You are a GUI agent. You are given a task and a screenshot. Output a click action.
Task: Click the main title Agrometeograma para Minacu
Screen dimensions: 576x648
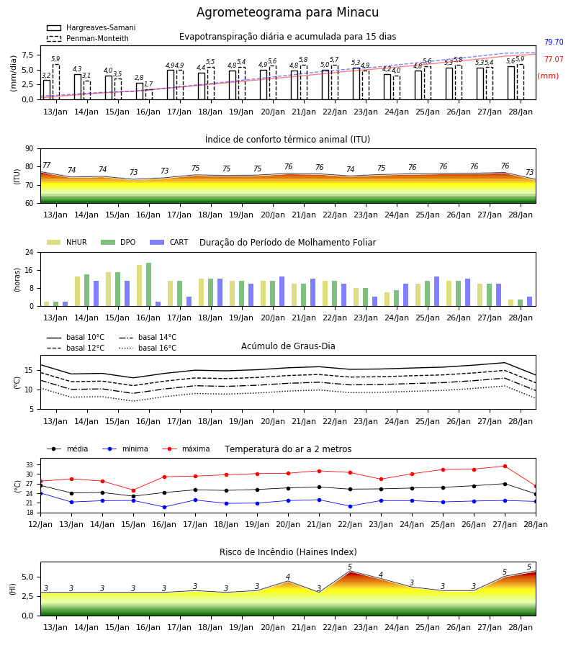(x=287, y=12)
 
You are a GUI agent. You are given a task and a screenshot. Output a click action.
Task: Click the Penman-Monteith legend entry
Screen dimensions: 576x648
(x=88, y=38)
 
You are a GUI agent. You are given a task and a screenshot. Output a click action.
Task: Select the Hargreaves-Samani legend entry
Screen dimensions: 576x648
(x=91, y=27)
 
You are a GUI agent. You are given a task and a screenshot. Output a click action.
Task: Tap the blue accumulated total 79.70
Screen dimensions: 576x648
(x=554, y=42)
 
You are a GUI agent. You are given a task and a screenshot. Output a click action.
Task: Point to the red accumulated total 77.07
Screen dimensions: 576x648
(x=554, y=60)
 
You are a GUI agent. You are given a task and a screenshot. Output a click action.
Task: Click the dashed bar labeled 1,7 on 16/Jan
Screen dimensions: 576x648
(x=149, y=94)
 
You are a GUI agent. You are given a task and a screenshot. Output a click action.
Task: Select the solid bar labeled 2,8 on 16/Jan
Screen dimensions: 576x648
(x=140, y=91)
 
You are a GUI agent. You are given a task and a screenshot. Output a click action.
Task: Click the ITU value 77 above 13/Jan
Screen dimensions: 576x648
(x=47, y=166)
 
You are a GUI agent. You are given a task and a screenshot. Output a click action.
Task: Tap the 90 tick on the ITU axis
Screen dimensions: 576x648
(x=30, y=149)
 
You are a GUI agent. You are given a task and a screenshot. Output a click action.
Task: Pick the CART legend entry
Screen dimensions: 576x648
(x=169, y=242)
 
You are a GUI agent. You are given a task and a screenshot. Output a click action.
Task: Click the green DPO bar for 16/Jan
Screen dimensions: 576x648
(x=149, y=284)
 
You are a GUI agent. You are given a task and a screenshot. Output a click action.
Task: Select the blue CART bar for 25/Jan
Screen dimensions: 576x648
(x=437, y=292)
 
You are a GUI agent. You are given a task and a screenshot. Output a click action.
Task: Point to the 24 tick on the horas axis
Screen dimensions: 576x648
(x=30, y=252)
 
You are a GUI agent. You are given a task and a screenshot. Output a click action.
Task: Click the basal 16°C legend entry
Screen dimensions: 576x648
(x=148, y=348)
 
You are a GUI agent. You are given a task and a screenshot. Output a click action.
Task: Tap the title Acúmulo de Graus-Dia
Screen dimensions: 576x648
(x=288, y=346)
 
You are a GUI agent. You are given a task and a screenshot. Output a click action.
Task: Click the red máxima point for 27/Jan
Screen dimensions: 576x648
(x=505, y=466)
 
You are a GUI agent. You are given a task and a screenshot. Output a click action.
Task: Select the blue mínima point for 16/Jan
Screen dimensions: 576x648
(x=164, y=507)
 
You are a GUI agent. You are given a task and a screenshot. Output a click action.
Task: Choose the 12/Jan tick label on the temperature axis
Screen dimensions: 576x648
(x=40, y=524)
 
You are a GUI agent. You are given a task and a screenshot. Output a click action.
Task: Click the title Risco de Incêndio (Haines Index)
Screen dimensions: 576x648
(x=288, y=552)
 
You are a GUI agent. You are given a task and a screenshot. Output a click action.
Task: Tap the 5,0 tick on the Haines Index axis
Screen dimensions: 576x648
(x=27, y=577)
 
